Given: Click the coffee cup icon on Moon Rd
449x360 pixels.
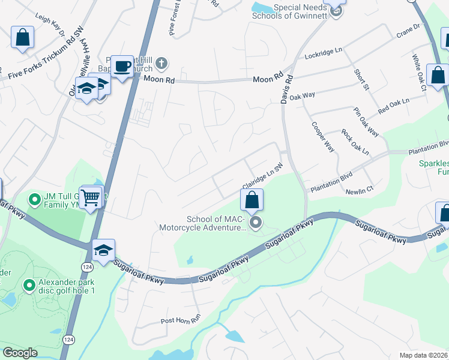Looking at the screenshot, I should [x=122, y=66].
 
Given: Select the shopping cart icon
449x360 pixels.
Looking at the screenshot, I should [x=90, y=196].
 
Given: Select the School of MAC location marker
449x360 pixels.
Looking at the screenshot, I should [x=256, y=224].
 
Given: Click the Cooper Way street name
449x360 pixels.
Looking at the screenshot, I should [x=322, y=137].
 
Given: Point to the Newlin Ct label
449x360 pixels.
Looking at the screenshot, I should [x=360, y=191].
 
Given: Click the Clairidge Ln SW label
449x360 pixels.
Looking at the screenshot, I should [x=262, y=176].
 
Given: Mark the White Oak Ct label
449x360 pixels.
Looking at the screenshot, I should [x=419, y=73].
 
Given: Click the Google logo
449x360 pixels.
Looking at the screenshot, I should [x=20, y=353].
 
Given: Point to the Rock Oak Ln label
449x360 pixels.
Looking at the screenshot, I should [x=355, y=142].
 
